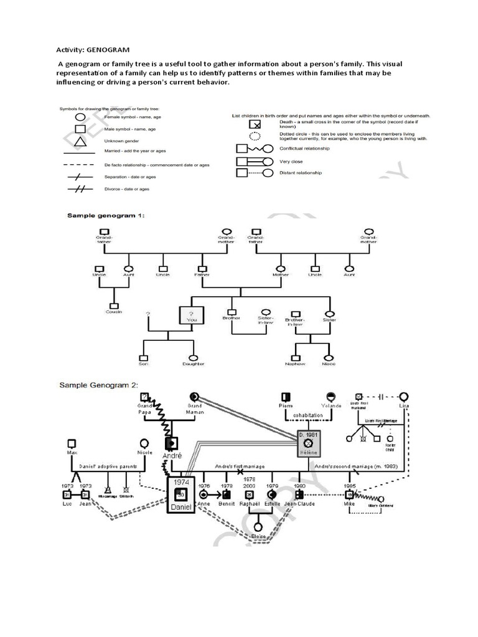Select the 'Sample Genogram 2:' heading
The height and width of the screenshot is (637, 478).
(98, 384)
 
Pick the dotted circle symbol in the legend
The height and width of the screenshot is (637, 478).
(254, 137)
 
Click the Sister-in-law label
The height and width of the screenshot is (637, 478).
(266, 320)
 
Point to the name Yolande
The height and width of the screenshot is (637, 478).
(330, 405)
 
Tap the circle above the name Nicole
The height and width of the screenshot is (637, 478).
(144, 443)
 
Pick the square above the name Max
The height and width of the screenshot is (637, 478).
(72, 443)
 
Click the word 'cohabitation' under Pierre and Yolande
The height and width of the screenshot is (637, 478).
(308, 416)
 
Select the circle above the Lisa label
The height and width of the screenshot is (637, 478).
(405, 396)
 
